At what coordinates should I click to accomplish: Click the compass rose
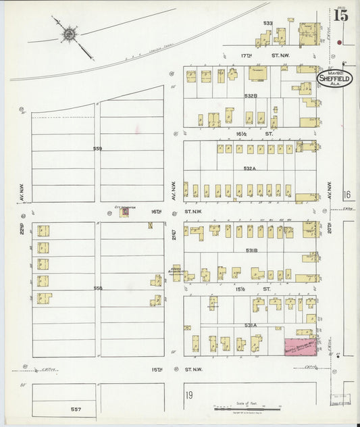point(69,33)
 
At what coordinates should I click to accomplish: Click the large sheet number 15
point(340,15)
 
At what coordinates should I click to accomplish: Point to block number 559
point(97,149)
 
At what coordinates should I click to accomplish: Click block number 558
point(97,288)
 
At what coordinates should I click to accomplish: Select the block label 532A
point(250,168)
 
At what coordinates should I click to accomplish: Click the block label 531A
point(250,325)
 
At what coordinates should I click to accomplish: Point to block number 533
point(268,23)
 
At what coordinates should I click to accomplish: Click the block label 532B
point(250,96)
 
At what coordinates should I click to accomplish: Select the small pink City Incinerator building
point(124,212)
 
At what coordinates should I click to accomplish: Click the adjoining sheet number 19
point(190,395)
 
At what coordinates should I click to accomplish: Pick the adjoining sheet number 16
point(347,195)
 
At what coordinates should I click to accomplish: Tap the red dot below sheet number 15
point(339,42)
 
